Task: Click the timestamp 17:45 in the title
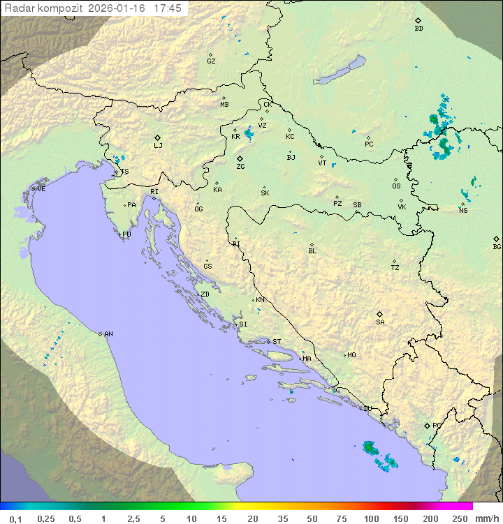coord(168,8)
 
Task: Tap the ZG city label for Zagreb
coord(240,167)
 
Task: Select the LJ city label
coord(158,146)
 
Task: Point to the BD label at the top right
coord(418,29)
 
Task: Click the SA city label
coord(380,322)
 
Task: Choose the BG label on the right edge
coord(497,247)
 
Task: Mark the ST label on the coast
coord(277,342)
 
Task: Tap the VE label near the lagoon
coord(41,189)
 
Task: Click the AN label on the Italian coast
coord(108,334)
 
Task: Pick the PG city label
coord(437,425)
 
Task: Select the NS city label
coord(463,210)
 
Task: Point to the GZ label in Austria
coord(211,61)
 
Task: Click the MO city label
coord(351,355)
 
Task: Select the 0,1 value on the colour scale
coord(15,518)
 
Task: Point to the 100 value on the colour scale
coord(371,518)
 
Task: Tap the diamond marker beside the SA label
coord(380,314)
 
